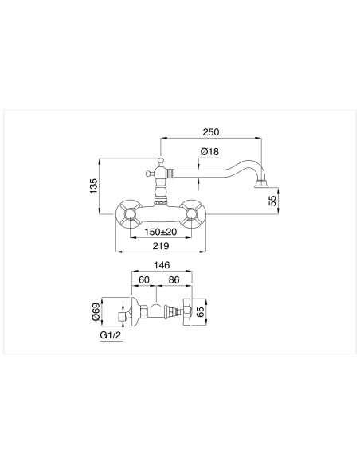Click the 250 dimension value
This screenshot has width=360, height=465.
210,131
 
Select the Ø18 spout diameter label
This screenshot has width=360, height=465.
210,152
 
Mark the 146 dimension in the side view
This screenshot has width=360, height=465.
161,267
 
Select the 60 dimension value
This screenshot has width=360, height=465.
144,280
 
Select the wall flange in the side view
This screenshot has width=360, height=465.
137,311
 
